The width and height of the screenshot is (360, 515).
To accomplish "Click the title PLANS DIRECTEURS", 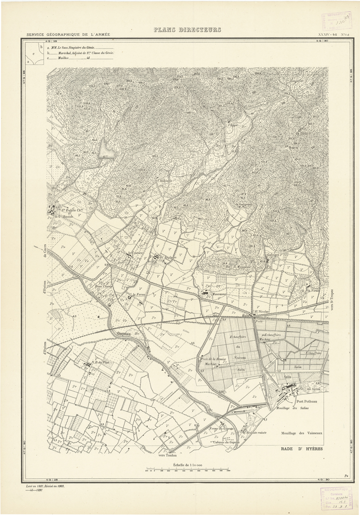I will (x=187, y=30).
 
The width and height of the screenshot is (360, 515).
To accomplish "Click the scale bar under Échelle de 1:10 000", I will (x=187, y=469).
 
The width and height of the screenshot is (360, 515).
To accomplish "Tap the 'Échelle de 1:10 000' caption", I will (x=187, y=464).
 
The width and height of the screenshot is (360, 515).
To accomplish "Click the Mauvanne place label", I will (x=220, y=294).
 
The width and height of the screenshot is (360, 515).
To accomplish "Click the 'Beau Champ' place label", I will (x=104, y=285).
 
